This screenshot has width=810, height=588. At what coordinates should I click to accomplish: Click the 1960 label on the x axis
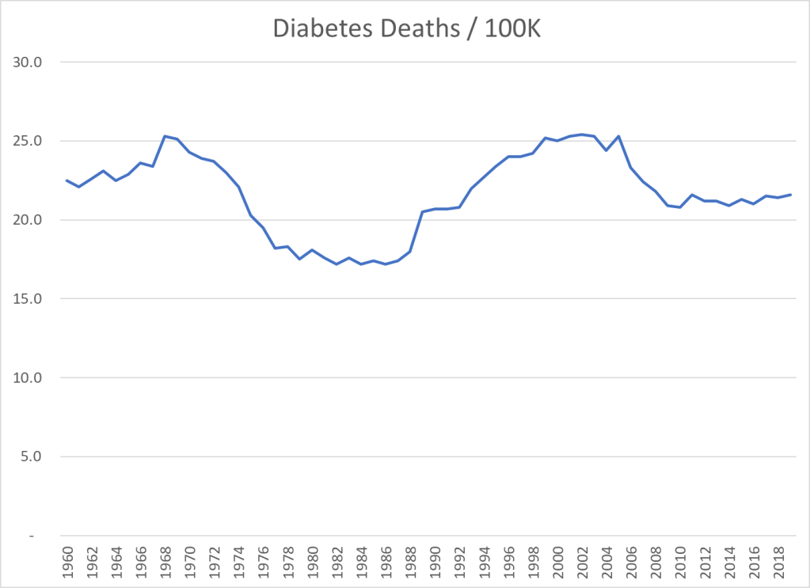point(67,562)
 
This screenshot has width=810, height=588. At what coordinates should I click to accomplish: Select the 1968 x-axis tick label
point(165,562)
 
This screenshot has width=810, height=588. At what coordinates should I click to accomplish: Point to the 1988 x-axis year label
point(410,562)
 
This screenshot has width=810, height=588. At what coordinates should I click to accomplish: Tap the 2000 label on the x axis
point(557,562)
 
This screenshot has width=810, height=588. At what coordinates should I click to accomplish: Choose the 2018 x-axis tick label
point(778,562)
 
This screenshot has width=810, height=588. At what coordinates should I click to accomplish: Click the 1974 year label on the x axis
point(239,562)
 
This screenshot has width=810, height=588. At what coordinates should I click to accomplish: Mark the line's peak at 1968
point(165,136)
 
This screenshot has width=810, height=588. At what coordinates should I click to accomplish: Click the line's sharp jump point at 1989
point(422,212)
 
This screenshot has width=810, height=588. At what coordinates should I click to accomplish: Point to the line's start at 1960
point(67,180)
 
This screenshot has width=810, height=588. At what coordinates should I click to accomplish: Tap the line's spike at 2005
point(618,136)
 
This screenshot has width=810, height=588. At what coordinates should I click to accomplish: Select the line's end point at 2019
point(790,195)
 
